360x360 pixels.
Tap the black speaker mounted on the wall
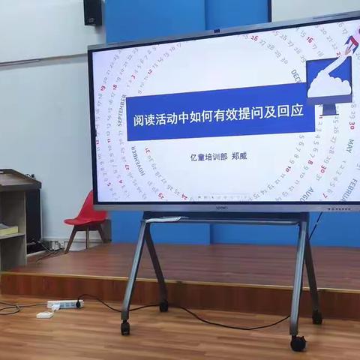93,12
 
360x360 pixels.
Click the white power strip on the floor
64,304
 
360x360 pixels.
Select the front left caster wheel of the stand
125,328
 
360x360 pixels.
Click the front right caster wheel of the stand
298,343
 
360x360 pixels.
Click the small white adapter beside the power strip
45,315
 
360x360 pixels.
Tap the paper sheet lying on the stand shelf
165,219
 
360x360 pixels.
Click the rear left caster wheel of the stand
163,306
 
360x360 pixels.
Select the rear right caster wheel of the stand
316,317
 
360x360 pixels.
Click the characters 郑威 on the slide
238,157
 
